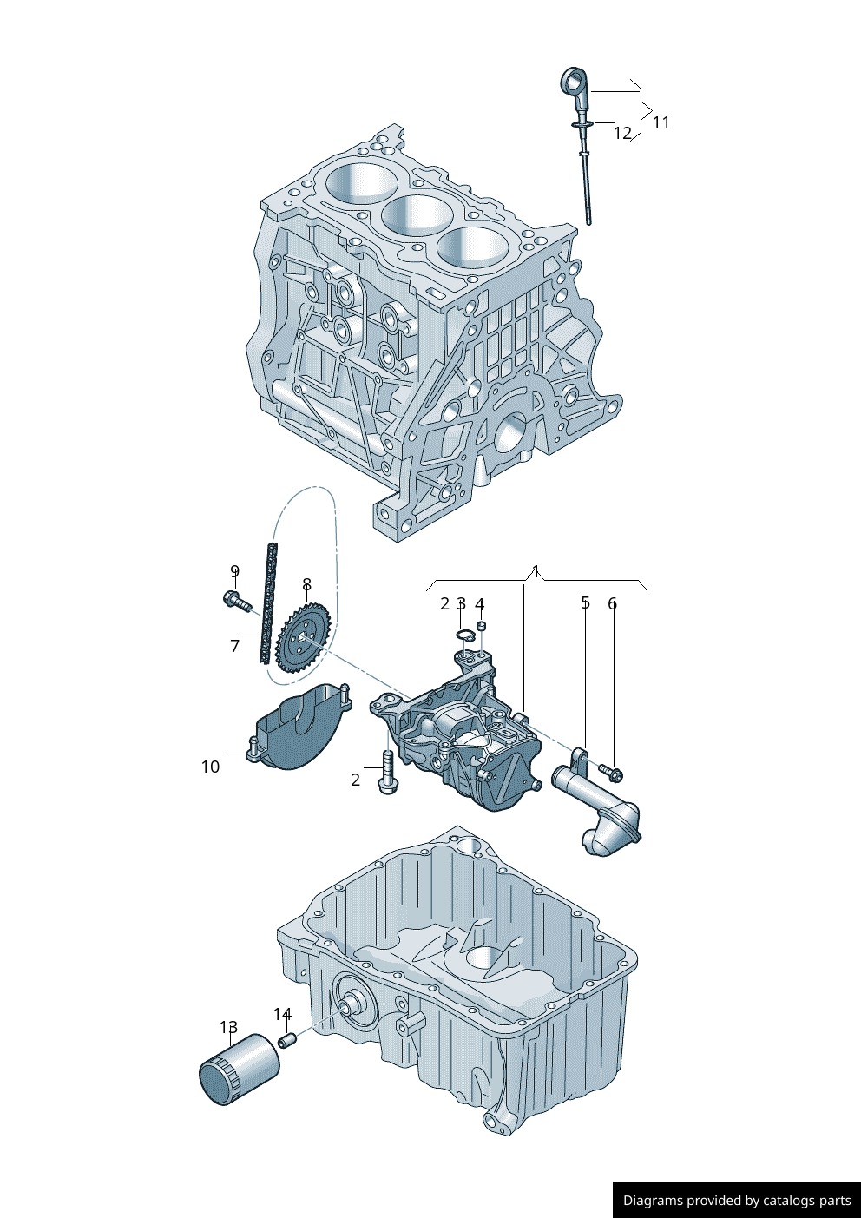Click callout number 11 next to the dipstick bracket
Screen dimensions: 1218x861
tap(661, 122)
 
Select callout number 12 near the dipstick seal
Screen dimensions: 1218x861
tap(622, 133)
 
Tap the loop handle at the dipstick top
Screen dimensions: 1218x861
tap(574, 83)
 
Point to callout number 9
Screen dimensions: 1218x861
tap(234, 571)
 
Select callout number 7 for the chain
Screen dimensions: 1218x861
tap(234, 646)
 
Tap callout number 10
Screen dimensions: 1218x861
tap(210, 767)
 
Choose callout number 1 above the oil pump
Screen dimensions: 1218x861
tap(536, 571)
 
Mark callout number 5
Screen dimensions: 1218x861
tap(585, 602)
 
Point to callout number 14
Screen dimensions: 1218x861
tap(282, 1015)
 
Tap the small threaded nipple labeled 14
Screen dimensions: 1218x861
tap(287, 1038)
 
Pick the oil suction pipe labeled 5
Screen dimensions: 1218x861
tap(599, 807)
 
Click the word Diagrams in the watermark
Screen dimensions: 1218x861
tap(653, 1201)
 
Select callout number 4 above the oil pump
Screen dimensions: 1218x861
tap(479, 604)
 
